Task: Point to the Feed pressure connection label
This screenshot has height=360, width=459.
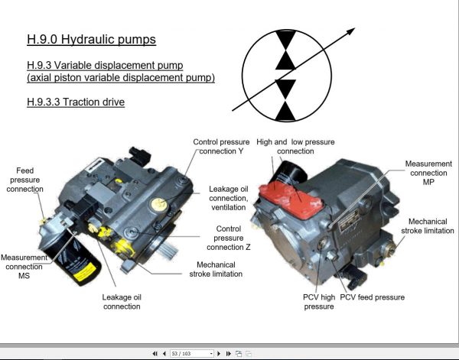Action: click(x=25, y=180)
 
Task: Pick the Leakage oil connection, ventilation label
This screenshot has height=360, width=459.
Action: click(x=227, y=197)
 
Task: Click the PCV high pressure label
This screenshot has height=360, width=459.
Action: click(x=319, y=301)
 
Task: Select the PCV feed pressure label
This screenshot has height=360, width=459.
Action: click(x=373, y=297)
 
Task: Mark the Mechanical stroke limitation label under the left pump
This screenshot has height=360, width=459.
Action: click(x=212, y=270)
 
